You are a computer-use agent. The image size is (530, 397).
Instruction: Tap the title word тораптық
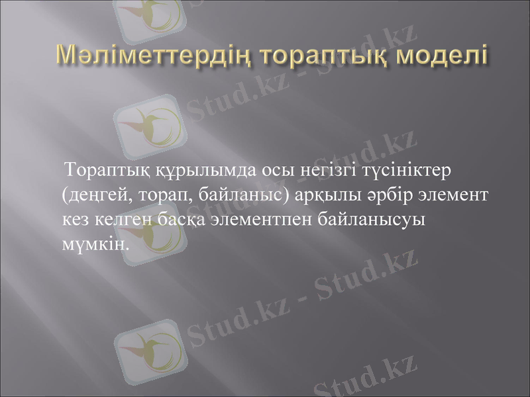(327, 56)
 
